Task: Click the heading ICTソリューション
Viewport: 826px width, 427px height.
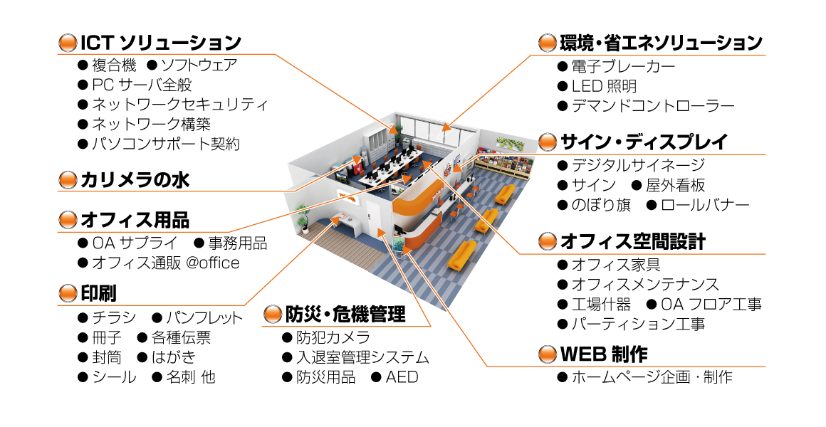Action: [161, 43]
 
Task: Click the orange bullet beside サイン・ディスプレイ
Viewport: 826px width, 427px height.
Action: [547, 142]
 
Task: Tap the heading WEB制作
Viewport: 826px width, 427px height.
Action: [604, 354]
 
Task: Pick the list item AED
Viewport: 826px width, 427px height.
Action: [402, 377]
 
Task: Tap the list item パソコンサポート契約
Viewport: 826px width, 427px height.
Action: [165, 144]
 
